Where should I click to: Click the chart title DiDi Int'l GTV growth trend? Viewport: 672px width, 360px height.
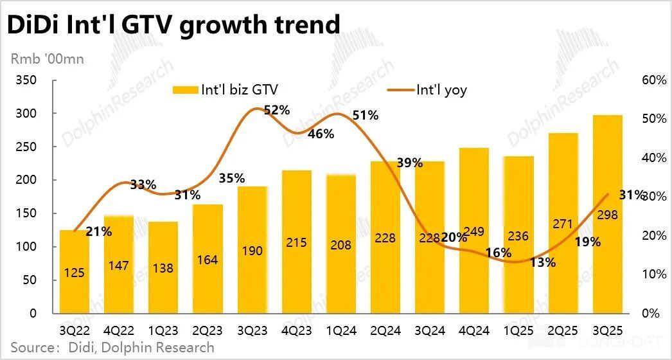pos(172,24)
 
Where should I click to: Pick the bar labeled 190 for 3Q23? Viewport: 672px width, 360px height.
pos(252,250)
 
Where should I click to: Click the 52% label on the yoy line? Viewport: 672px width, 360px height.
pos(277,110)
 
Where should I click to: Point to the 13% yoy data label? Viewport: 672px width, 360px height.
pos(543,262)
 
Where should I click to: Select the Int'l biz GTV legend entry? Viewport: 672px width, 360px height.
pos(225,90)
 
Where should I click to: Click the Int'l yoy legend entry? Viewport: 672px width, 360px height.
pos(427,90)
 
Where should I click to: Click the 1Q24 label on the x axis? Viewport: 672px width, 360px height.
pos(341,331)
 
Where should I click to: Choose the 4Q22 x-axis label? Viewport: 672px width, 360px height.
pos(119,331)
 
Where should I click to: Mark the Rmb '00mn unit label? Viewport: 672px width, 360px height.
pos(47,59)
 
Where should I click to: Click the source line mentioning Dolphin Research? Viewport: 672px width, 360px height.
pos(112,348)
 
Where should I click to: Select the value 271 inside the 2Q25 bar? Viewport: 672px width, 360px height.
pos(563,223)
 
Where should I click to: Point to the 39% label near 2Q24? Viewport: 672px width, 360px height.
pos(409,163)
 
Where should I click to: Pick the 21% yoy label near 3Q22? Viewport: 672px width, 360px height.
pos(98,232)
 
